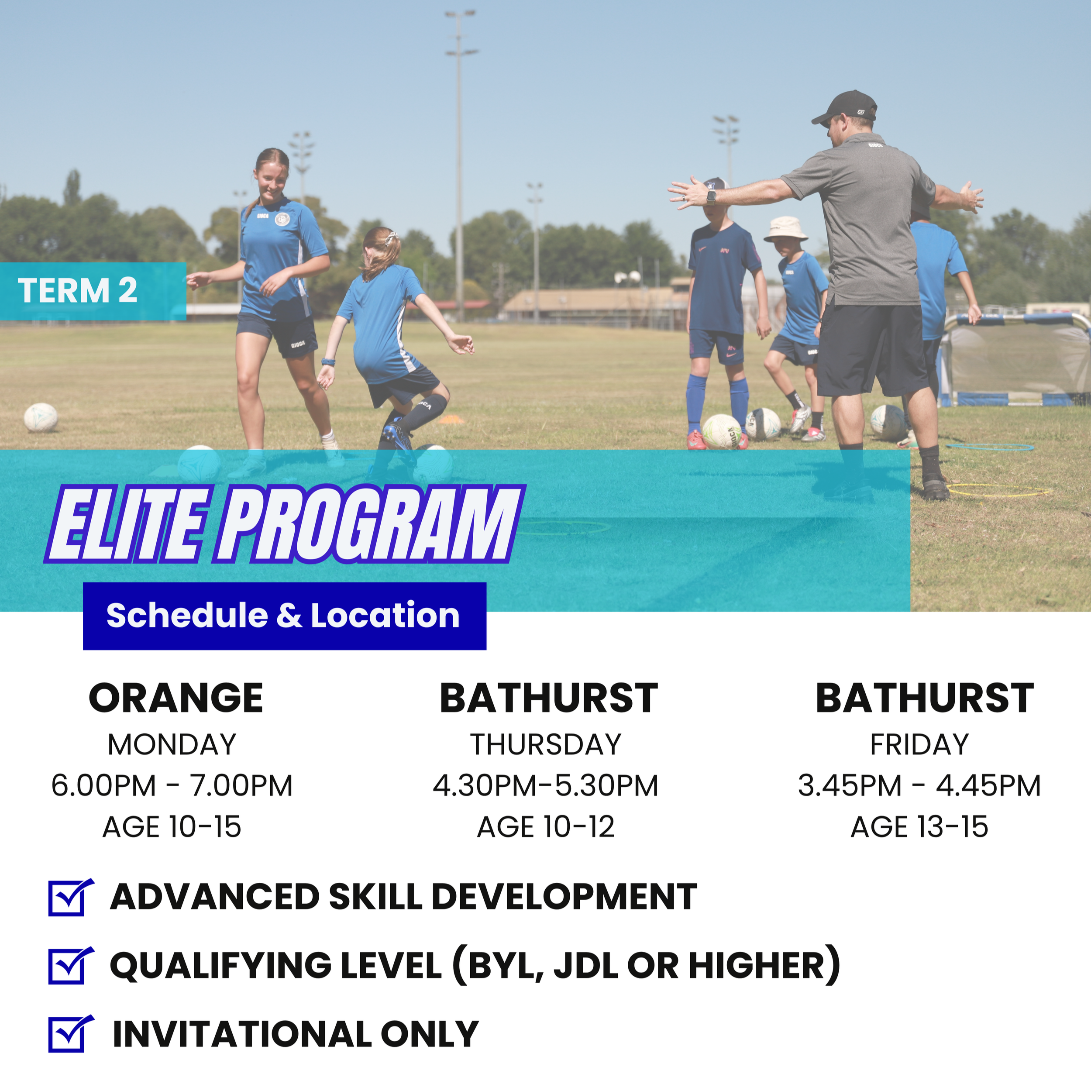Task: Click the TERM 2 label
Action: point(78,291)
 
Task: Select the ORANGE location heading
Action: point(176,699)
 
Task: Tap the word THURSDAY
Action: point(546,744)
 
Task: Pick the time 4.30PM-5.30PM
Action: point(546,785)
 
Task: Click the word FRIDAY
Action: point(919,744)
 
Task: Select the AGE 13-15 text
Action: point(919,827)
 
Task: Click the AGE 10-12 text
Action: point(546,827)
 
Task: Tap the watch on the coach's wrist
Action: point(711,196)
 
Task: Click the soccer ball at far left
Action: point(41,417)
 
